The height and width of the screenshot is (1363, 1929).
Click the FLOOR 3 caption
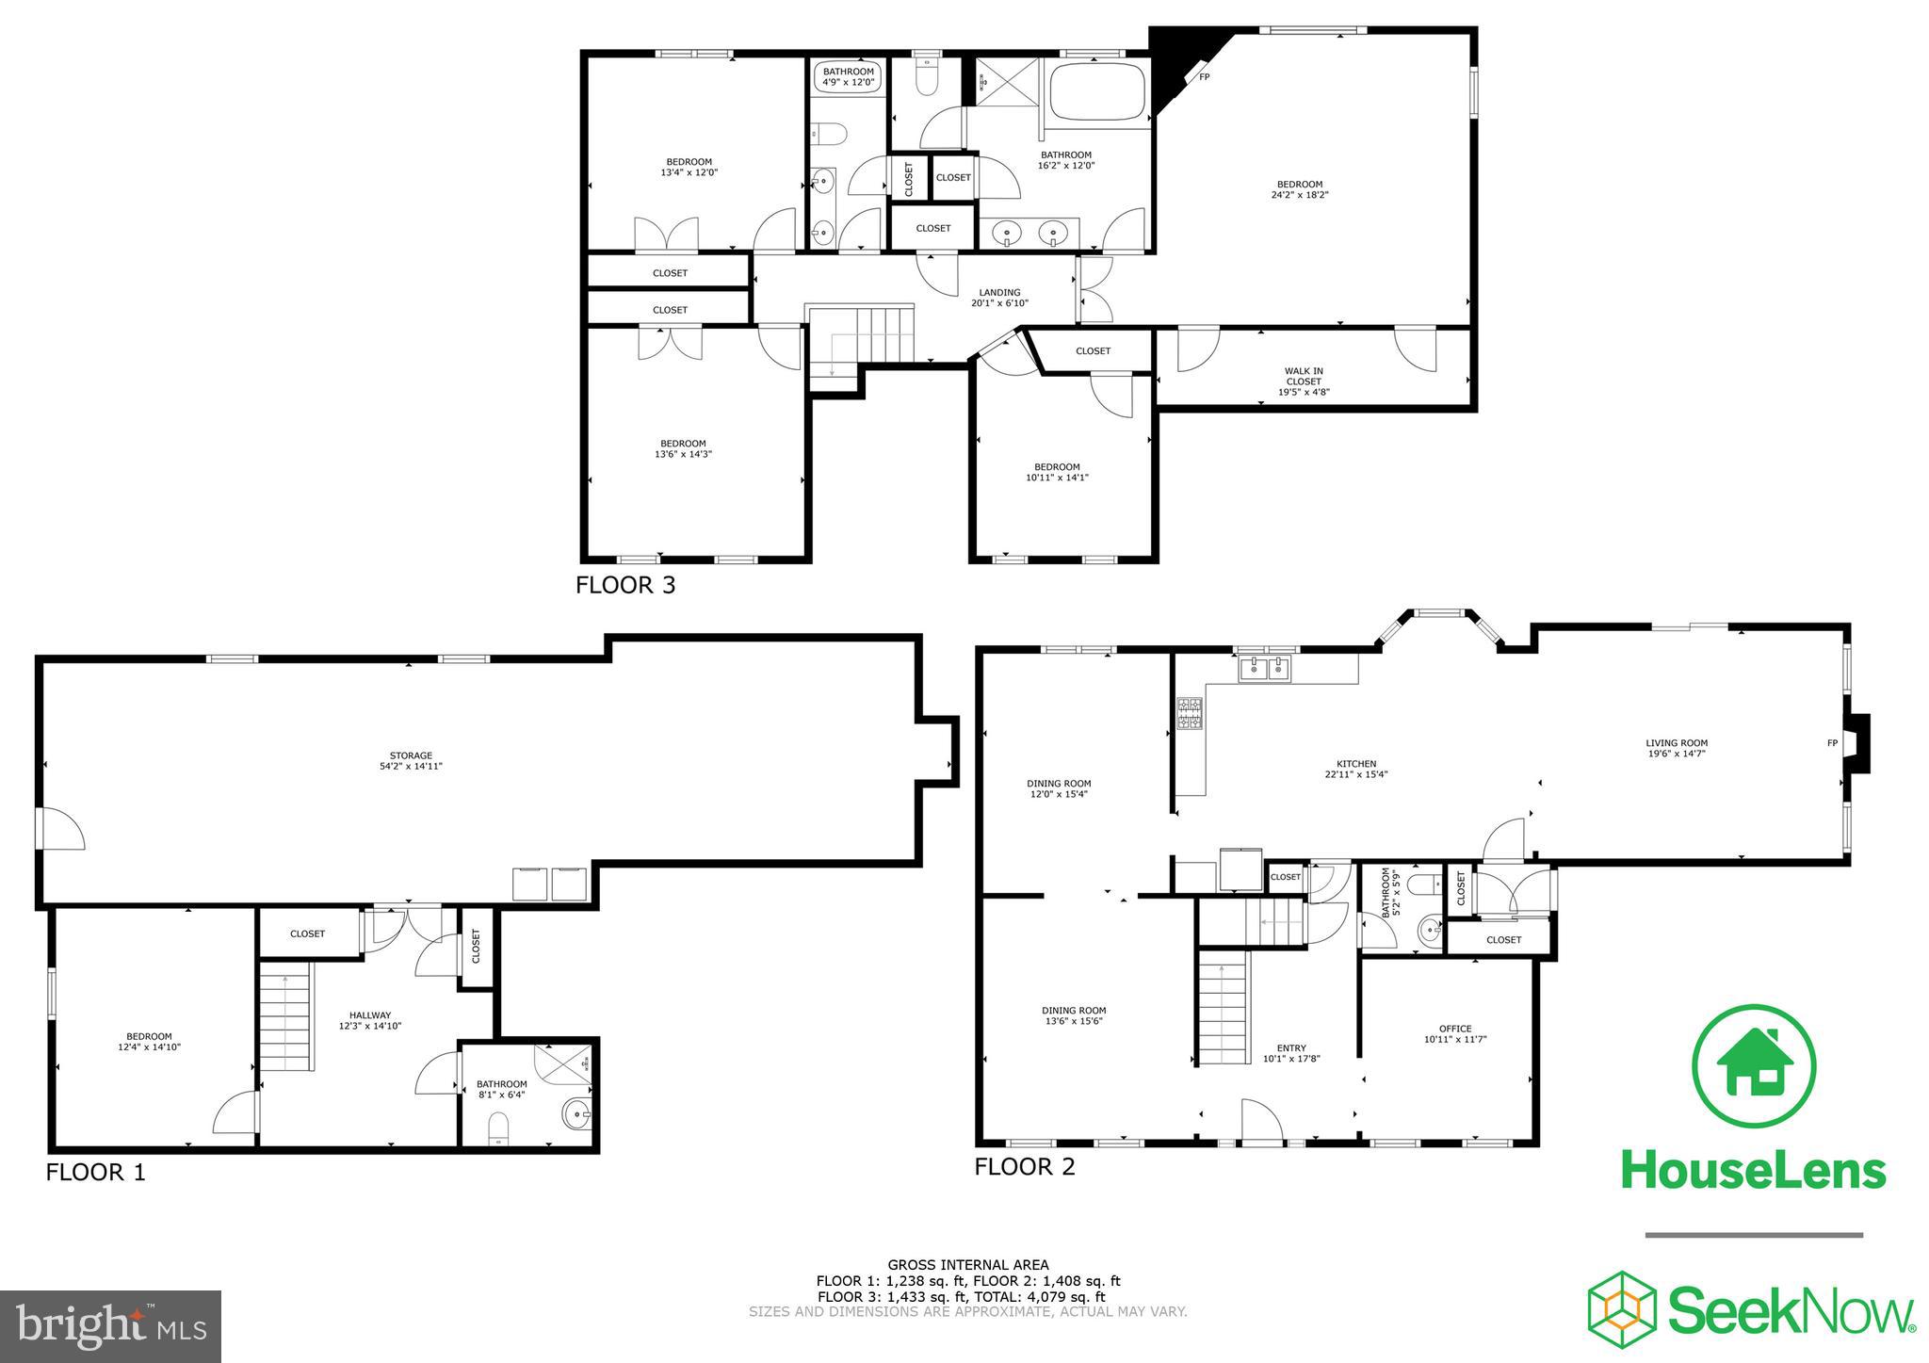tap(625, 585)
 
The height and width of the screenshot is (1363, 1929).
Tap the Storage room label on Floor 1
tap(411, 760)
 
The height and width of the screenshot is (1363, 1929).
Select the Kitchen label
tap(1356, 769)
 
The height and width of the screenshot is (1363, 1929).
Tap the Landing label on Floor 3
tap(999, 297)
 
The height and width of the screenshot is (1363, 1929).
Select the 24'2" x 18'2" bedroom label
tap(1299, 189)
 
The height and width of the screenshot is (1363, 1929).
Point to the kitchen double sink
tap(1265, 670)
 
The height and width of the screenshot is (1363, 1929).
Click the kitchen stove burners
tap(1189, 713)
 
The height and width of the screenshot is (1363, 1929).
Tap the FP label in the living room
tap(1832, 743)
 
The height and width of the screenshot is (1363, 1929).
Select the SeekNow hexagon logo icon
tap(1622, 1310)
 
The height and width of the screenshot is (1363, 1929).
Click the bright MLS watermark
tap(111, 1326)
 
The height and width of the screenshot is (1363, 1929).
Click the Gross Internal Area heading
tap(967, 1265)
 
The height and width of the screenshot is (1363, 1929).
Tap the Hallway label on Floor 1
tap(370, 1020)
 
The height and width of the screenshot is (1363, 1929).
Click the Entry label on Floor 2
tap(1291, 1052)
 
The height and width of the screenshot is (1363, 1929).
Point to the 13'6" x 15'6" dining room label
tap(1073, 1015)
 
